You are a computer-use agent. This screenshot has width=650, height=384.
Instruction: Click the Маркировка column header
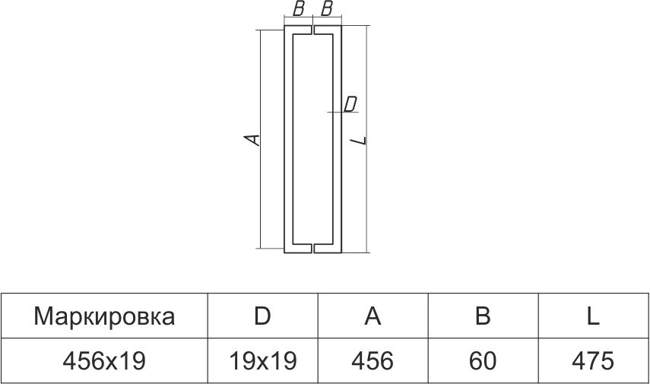pos(104,316)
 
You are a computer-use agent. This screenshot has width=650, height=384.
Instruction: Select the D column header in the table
pos(262,316)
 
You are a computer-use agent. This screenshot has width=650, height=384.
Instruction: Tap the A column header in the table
pos(373,316)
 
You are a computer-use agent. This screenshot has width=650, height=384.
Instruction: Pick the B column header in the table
pos(482,316)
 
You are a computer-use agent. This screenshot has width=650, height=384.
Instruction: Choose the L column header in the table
pos(593,316)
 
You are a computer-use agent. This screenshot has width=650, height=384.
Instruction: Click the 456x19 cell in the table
pos(104,360)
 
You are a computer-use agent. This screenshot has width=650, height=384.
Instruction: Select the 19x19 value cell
pos(262,360)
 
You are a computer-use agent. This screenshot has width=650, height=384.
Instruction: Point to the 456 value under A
pos(373,360)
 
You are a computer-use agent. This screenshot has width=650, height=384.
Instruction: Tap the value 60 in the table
pos(482,360)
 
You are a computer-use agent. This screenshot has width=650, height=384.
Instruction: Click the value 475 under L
pos(593,360)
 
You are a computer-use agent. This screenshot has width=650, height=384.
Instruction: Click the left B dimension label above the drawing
pos(299,9)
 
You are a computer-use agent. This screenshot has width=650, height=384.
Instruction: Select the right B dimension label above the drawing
pos(327,9)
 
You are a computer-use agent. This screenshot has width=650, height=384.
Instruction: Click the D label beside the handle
pos(350,104)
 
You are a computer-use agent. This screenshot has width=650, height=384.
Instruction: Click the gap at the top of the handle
pos(313,31)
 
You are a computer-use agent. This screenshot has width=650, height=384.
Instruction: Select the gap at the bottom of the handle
pos(313,247)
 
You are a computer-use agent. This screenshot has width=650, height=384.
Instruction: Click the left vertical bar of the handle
pos(288,139)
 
